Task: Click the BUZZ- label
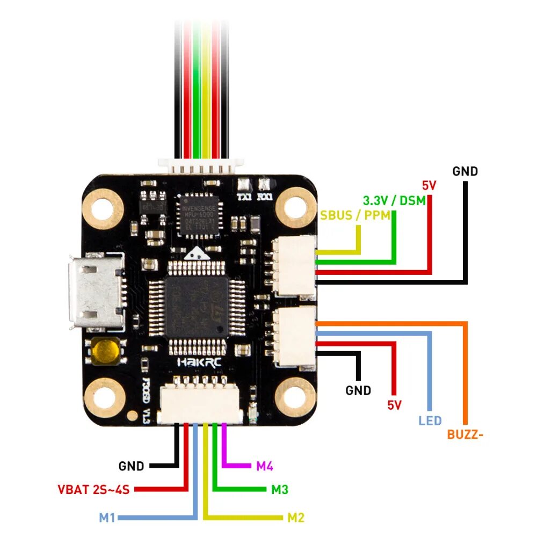click(x=465, y=434)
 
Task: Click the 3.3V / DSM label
click(x=394, y=201)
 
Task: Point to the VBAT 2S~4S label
click(x=95, y=489)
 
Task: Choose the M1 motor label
click(x=107, y=518)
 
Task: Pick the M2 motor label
click(x=295, y=518)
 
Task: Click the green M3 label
click(x=279, y=489)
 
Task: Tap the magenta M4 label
click(x=264, y=466)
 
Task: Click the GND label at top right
click(x=465, y=171)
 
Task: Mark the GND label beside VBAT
click(x=132, y=466)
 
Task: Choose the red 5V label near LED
click(x=395, y=405)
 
